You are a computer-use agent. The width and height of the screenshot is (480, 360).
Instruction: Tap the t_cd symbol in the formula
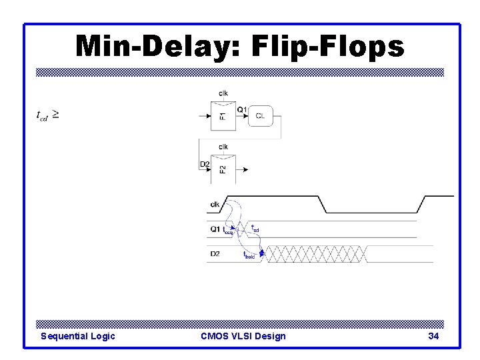tap(41, 115)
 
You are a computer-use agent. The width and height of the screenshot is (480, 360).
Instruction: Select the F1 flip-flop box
tap(223, 116)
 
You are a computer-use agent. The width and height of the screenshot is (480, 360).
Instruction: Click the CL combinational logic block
tap(260, 117)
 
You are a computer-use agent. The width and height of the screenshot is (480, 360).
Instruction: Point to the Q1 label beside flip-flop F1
tap(242, 109)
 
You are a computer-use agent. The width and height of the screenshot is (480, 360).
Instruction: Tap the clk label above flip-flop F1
tap(223, 93)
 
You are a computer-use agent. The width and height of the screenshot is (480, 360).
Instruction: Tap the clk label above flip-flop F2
tap(223, 146)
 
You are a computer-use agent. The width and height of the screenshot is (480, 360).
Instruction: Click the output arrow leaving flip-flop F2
tap(241, 170)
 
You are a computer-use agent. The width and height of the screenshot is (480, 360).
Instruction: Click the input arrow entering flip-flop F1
tap(205, 117)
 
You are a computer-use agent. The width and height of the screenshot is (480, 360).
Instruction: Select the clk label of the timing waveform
tap(215, 205)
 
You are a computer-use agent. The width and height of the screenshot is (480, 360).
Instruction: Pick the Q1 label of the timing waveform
tap(215, 229)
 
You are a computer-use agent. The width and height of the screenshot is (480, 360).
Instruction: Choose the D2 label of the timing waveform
tap(215, 253)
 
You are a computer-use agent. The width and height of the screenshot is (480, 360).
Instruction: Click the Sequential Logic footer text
tap(77, 336)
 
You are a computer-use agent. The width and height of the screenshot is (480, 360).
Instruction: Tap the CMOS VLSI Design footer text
tap(243, 336)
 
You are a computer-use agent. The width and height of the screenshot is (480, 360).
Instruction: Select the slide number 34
tap(433, 336)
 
